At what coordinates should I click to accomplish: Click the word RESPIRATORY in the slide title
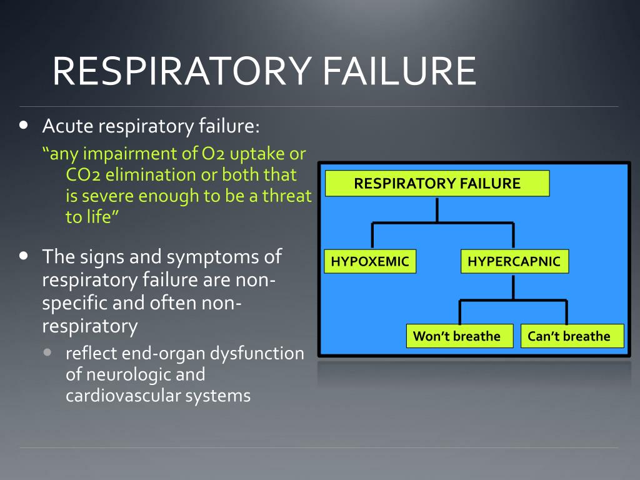coord(182,71)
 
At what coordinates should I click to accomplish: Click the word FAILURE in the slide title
coord(399,71)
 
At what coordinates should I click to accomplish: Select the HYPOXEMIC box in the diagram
coord(370,261)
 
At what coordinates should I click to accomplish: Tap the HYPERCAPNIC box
coord(514,261)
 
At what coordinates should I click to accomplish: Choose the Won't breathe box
coord(459,336)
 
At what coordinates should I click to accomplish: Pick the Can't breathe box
coord(572,336)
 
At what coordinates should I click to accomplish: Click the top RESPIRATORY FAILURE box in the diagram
coord(437,184)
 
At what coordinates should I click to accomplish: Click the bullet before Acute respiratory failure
coord(24,124)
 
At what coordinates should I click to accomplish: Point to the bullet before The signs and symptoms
coord(24,256)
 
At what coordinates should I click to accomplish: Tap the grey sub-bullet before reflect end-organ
coord(47,352)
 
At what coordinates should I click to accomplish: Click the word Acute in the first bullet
coord(67,126)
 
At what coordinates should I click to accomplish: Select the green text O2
coord(214,154)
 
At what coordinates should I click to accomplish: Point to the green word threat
coord(287,196)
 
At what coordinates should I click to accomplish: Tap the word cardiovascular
coord(123,396)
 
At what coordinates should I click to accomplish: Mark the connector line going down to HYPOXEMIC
coord(372,236)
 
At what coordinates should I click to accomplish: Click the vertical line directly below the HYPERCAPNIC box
coord(514,287)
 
